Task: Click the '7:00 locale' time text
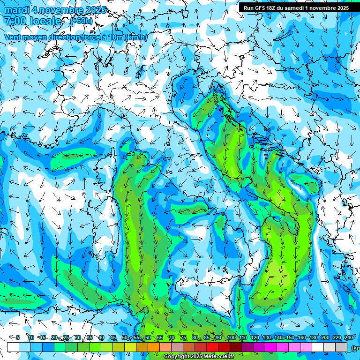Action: point(33,21)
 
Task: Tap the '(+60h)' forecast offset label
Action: point(82,21)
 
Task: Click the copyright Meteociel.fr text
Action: point(202,357)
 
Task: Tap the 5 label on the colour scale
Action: point(18,337)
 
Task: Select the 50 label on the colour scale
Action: point(125,337)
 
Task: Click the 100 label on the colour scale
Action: point(232,337)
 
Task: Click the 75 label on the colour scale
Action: point(184,337)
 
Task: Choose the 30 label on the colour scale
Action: point(77,337)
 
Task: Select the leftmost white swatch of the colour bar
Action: point(13,347)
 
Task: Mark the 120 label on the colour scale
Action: point(255,337)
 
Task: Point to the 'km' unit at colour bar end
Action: point(355,347)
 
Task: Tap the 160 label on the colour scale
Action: point(302,337)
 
